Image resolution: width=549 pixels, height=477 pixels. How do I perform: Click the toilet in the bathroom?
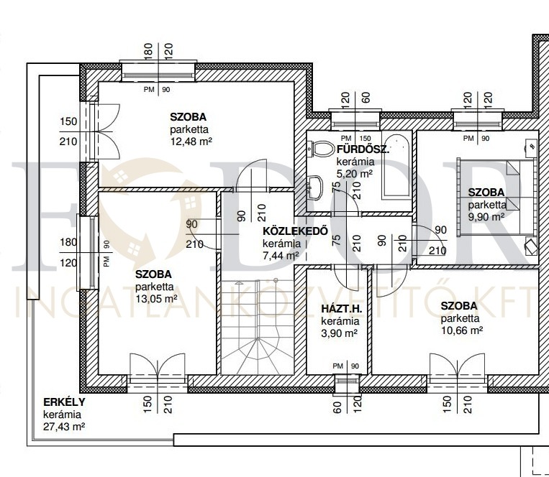coord(320,149)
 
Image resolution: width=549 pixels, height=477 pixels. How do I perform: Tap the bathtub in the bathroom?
coord(397,165)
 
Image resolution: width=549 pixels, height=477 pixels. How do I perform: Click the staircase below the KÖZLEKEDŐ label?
coord(258,326)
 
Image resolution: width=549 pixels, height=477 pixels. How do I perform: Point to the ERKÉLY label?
coord(64,402)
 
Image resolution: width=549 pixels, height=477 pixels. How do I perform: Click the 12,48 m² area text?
coord(191,142)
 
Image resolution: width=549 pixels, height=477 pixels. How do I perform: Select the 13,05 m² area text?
coord(156,299)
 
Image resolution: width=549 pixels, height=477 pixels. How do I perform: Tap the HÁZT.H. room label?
coord(341,309)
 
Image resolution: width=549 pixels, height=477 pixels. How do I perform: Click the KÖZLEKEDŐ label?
coord(296,231)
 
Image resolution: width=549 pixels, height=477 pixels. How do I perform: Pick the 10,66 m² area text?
coord(462,330)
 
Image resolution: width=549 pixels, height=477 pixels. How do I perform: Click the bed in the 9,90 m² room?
coord(496,197)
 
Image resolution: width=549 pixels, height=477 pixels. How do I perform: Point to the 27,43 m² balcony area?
coord(64,427)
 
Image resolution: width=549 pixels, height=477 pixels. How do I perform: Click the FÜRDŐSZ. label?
coord(363,149)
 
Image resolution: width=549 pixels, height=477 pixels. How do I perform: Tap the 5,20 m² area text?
coord(355,174)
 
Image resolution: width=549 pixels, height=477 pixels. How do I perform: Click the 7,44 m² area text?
coord(281,256)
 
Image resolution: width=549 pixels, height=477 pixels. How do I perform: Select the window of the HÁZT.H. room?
coord(347,383)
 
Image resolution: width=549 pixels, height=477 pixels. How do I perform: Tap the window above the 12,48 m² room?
coord(158,72)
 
